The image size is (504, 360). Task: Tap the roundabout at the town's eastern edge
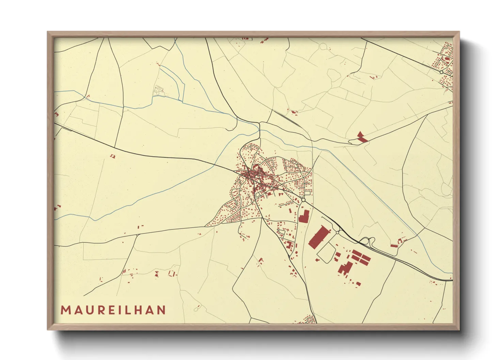tap(303, 200)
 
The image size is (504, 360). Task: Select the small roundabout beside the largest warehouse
tap(337, 232)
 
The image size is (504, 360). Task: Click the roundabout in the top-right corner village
tap(441, 72)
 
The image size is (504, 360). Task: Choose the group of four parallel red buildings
tap(361, 257)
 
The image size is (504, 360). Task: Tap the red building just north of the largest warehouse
tap(304, 216)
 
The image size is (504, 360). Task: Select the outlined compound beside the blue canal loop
tap(159, 90)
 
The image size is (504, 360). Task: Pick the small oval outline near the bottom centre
tap(196, 309)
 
